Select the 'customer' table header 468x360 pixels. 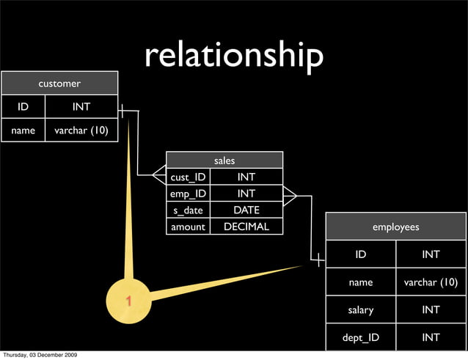pyautogui.click(x=59, y=84)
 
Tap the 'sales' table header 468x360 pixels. pyautogui.click(x=224, y=160)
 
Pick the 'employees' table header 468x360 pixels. pyautogui.click(x=395, y=227)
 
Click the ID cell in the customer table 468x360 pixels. pyautogui.click(x=23, y=107)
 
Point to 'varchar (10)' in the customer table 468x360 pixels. pyautogui.click(x=81, y=131)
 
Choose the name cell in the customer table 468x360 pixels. pyautogui.click(x=23, y=131)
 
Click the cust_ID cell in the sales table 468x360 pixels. pyautogui.click(x=189, y=177)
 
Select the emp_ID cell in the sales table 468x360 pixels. pyautogui.click(x=189, y=194)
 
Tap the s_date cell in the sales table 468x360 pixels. pyautogui.click(x=189, y=210)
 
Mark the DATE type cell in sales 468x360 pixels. pyautogui.click(x=246, y=210)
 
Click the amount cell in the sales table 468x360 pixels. pyautogui.click(x=189, y=227)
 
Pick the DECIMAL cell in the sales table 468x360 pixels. pyautogui.click(x=246, y=227)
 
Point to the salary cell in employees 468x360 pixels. pyautogui.click(x=361, y=309)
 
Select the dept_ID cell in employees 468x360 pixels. pyautogui.click(x=361, y=337)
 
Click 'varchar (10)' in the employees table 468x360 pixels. pyautogui.click(x=431, y=282)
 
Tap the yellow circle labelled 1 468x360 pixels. pyautogui.click(x=128, y=301)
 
